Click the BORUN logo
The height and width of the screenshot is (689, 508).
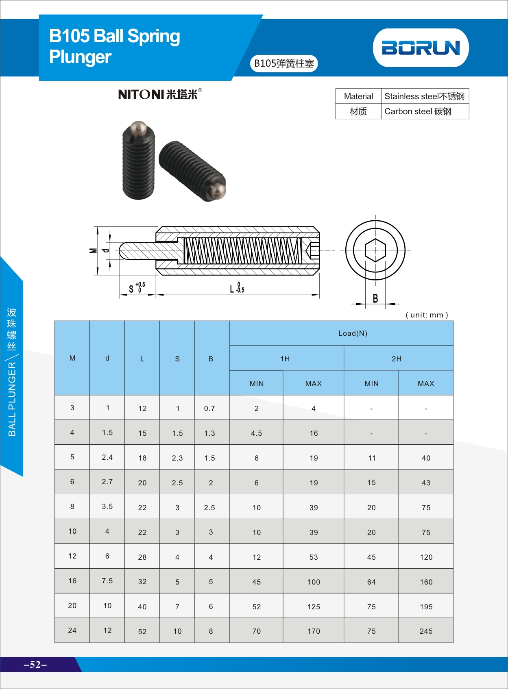tap(421, 48)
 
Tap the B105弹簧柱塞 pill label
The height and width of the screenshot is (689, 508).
tap(284, 63)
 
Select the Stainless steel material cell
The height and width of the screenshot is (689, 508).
tap(424, 96)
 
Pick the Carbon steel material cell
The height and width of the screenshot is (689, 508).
tap(418, 111)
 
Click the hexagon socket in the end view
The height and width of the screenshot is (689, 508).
tap(375, 250)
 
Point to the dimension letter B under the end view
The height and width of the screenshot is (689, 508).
tap(375, 299)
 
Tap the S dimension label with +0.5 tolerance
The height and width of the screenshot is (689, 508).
tap(136, 288)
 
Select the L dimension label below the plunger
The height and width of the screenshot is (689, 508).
tap(237, 288)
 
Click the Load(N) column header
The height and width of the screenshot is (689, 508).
tap(353, 333)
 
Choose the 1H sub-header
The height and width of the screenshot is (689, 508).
tap(285, 359)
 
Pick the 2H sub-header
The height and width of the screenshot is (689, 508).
tap(397, 359)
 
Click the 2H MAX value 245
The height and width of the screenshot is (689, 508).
tap(426, 631)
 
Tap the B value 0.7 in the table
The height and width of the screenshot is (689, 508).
tap(209, 409)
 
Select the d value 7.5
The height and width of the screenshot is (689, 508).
tap(107, 581)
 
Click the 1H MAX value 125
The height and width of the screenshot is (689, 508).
tap(313, 606)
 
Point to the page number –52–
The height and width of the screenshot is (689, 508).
tap(35, 664)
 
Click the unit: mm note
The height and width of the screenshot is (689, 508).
tap(427, 315)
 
